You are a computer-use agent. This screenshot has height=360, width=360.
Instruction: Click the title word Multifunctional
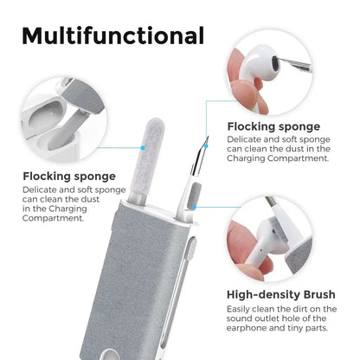pyautogui.click(x=112, y=35)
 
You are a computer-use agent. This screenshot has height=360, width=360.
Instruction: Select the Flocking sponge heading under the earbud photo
pyautogui.click(x=273, y=126)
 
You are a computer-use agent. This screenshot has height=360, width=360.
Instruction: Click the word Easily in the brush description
pyautogui.click(x=241, y=308)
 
